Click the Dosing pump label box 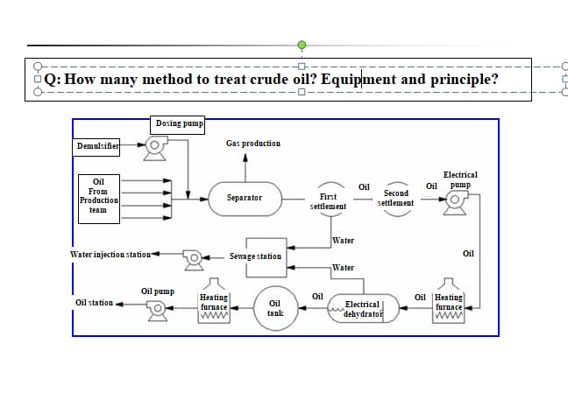click(x=179, y=124)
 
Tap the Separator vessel click(x=245, y=198)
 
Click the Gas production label click(x=253, y=143)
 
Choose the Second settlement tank click(x=395, y=197)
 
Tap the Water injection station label click(x=110, y=254)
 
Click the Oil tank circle click(x=273, y=307)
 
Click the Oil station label click(x=94, y=303)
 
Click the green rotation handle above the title click(x=302, y=44)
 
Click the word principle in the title click(x=463, y=79)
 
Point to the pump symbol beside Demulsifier click(x=156, y=150)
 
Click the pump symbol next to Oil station click(x=157, y=308)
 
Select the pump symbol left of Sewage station click(x=192, y=256)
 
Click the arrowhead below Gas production click(x=245, y=159)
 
